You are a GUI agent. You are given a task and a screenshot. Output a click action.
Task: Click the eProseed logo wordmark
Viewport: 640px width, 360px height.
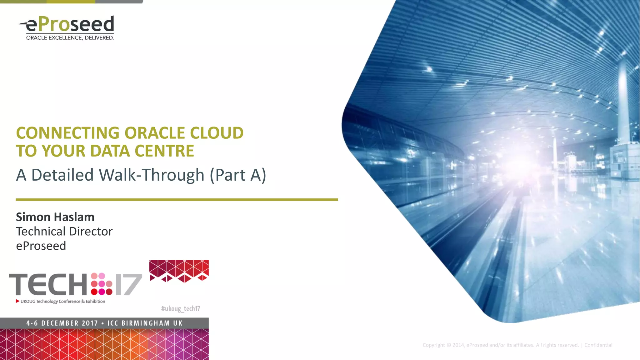[x=69, y=24]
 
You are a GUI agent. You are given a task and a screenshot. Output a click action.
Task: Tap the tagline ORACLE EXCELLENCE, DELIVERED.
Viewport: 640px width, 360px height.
[x=70, y=38]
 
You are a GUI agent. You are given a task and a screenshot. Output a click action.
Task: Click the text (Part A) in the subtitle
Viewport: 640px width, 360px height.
[x=238, y=175]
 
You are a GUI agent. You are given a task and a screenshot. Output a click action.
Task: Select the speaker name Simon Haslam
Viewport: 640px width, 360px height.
[x=55, y=217]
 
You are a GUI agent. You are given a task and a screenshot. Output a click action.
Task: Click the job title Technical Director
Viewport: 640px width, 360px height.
[x=64, y=231]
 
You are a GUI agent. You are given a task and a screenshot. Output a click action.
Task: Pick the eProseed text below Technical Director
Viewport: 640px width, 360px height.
[x=41, y=246]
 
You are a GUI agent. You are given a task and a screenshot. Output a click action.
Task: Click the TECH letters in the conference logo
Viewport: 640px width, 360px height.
[x=48, y=284]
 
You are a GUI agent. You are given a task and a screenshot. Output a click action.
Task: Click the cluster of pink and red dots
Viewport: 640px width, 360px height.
[x=102, y=284]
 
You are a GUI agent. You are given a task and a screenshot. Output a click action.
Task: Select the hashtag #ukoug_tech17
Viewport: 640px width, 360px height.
[x=180, y=309]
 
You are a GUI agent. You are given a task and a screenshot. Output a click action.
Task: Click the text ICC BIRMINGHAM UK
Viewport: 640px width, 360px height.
[x=145, y=323]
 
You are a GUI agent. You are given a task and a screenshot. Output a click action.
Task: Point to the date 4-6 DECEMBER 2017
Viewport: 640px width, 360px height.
[x=62, y=323]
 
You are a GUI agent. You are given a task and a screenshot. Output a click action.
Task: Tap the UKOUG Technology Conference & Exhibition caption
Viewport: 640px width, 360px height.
[x=62, y=301]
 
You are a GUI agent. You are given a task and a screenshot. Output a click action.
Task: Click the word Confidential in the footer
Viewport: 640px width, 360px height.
[x=598, y=345]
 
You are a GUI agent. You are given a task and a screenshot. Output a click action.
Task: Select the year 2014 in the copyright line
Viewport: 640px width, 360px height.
[x=458, y=345]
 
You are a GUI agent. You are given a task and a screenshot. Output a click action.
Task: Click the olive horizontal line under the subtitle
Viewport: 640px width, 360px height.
[x=177, y=199]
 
